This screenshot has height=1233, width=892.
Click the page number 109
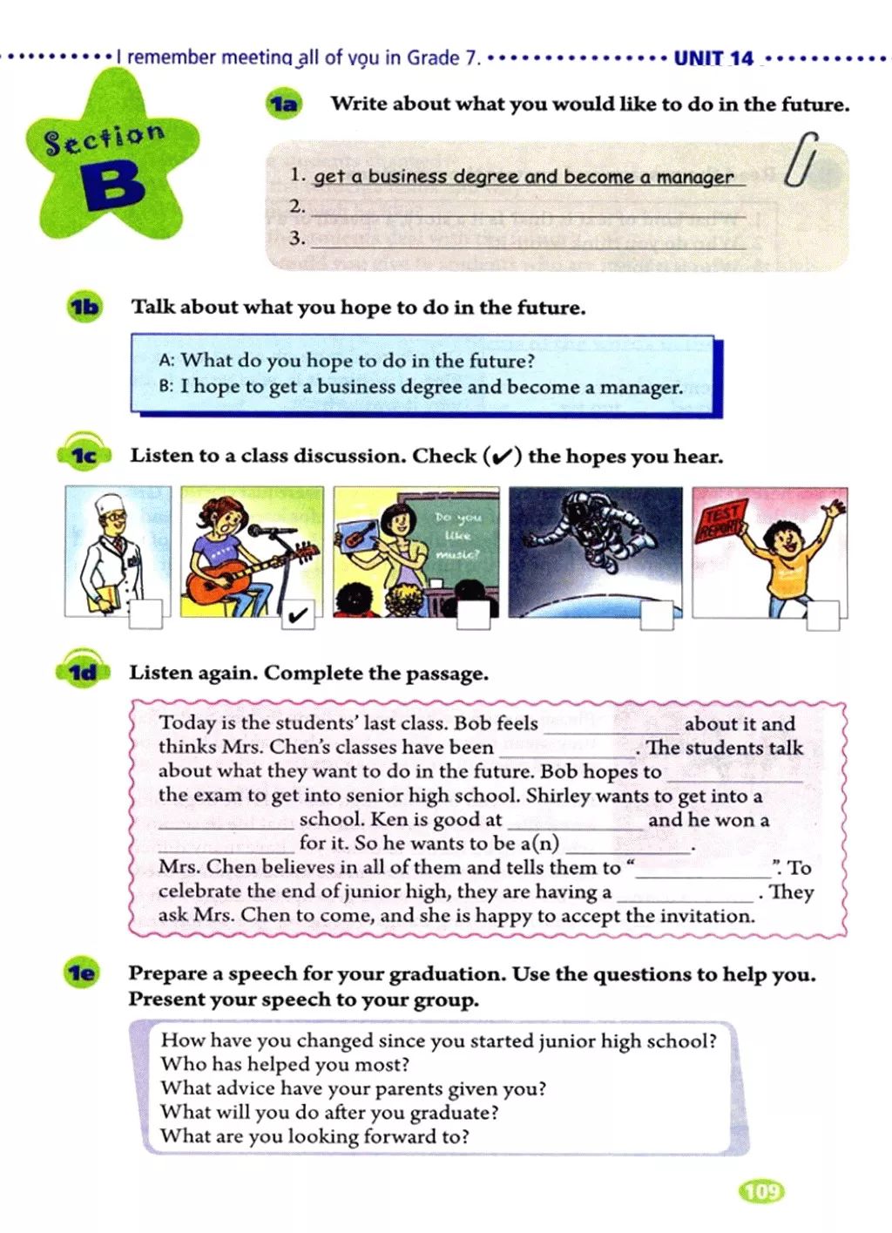click(761, 1190)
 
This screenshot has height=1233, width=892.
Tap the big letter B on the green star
click(114, 186)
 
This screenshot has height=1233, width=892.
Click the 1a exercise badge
click(282, 105)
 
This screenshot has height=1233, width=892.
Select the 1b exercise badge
click(84, 307)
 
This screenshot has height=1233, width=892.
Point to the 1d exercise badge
click(84, 672)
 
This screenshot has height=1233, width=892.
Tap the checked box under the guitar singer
click(297, 615)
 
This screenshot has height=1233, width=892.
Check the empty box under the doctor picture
click(145, 614)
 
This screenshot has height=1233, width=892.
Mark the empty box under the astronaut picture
click(657, 615)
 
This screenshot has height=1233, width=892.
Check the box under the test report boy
click(821, 615)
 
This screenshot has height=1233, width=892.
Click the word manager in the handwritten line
click(694, 177)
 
